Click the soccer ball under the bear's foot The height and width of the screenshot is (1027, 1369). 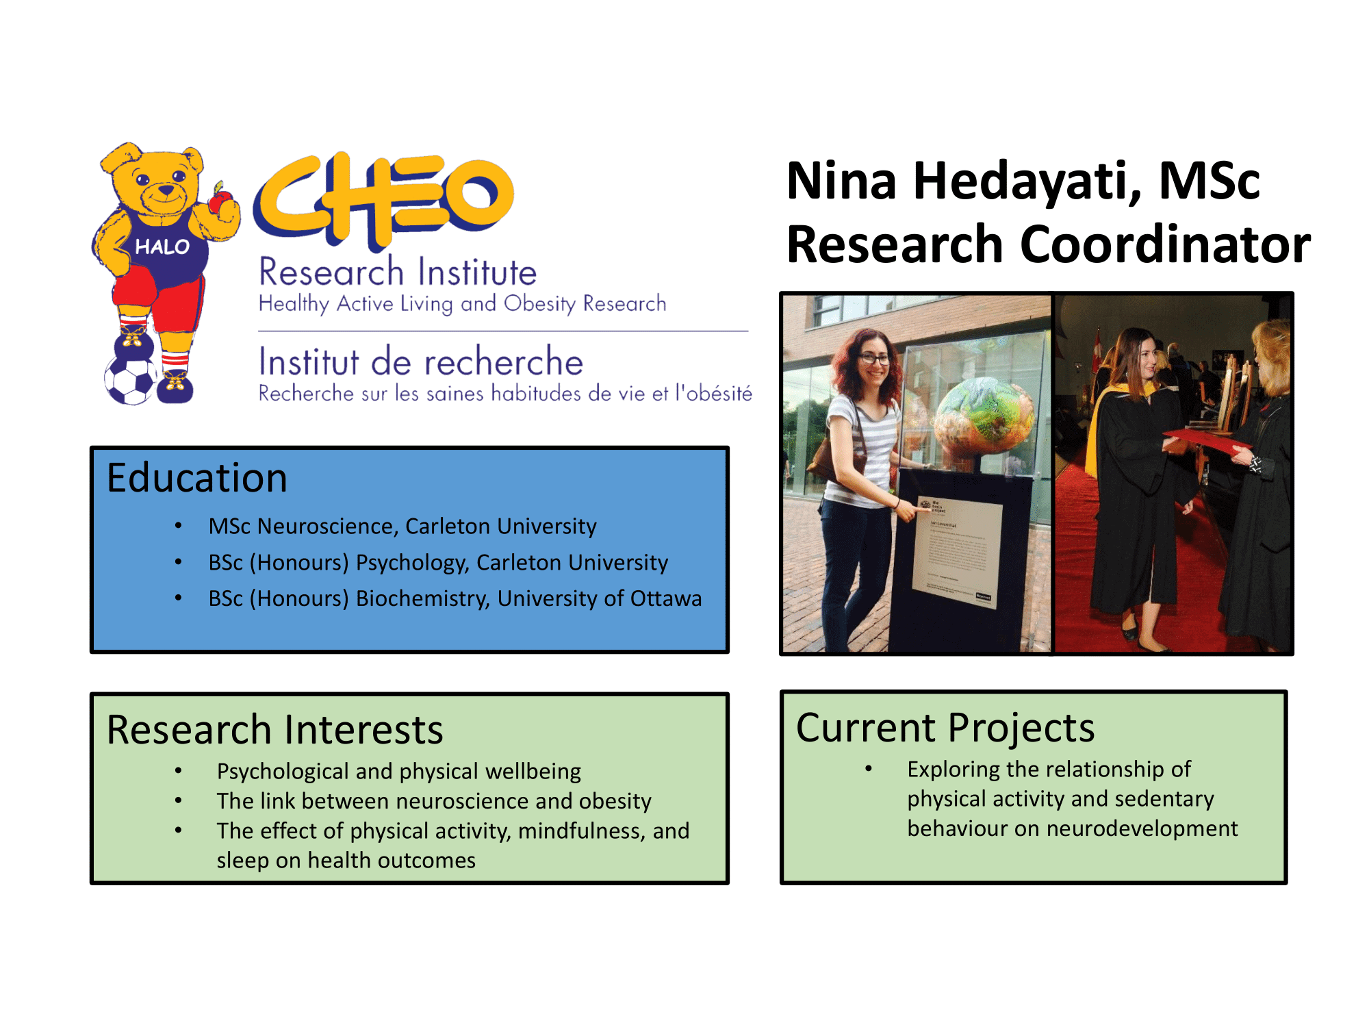pos(130,380)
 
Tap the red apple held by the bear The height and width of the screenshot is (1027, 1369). pos(220,201)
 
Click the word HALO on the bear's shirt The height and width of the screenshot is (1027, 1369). pos(162,246)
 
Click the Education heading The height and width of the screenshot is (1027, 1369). pos(197,477)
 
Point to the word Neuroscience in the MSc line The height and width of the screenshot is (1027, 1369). pos(328,526)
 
